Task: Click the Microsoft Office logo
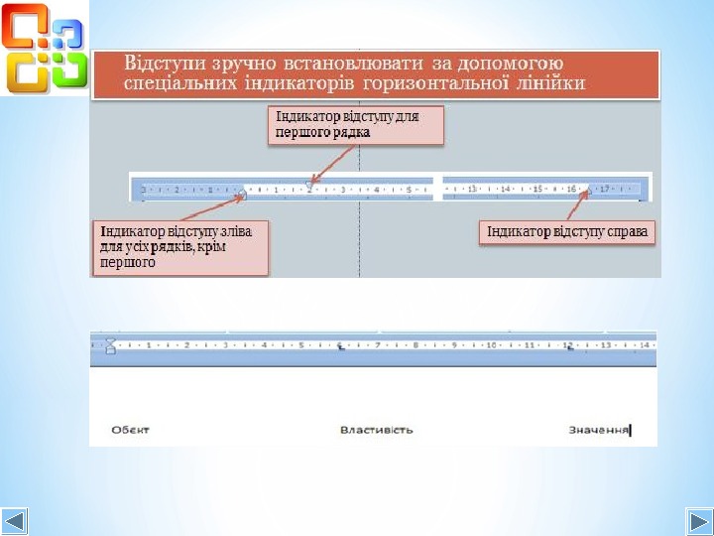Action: point(45,48)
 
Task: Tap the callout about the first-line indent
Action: point(355,125)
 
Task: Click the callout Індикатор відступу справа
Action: point(569,232)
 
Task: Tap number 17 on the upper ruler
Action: point(604,188)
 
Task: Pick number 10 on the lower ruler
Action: point(490,345)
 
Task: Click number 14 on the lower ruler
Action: point(644,345)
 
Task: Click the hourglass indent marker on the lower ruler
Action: point(111,345)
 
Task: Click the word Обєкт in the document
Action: point(131,430)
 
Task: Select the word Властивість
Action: point(377,430)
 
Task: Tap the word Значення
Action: point(598,430)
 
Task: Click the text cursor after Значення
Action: point(631,430)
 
